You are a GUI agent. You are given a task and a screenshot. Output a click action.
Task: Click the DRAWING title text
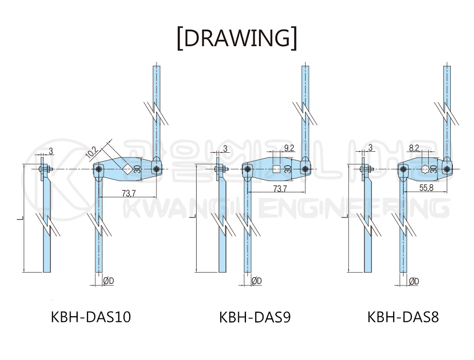(x=237, y=38)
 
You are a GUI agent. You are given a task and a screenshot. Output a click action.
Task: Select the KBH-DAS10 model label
(x=91, y=317)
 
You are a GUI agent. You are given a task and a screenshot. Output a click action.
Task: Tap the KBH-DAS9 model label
(x=255, y=317)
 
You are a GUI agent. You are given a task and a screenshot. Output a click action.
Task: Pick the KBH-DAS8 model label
(x=403, y=317)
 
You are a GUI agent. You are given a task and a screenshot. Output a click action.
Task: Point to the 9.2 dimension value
(x=289, y=148)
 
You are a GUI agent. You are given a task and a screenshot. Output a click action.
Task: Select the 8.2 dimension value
(x=414, y=148)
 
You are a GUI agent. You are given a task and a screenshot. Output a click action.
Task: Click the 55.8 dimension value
(x=426, y=188)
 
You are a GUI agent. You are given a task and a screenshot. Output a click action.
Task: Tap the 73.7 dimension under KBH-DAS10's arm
(x=129, y=193)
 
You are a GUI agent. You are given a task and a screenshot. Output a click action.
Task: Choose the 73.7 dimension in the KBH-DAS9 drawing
(x=280, y=188)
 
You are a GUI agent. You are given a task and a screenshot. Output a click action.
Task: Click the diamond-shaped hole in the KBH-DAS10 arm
(x=127, y=169)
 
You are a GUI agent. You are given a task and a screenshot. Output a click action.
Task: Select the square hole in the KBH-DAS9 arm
(x=276, y=169)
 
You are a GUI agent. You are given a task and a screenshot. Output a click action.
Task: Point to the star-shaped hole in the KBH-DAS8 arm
(x=425, y=169)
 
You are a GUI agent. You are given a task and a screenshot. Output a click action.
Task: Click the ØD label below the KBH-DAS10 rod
(x=109, y=281)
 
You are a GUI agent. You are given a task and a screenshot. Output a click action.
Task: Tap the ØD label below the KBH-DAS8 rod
(x=414, y=281)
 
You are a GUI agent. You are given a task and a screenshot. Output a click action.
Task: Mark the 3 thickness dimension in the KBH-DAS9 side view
(x=225, y=149)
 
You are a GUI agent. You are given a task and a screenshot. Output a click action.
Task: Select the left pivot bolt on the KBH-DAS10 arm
(x=98, y=169)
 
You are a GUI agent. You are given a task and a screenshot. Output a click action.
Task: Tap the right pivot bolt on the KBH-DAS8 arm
(x=447, y=169)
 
